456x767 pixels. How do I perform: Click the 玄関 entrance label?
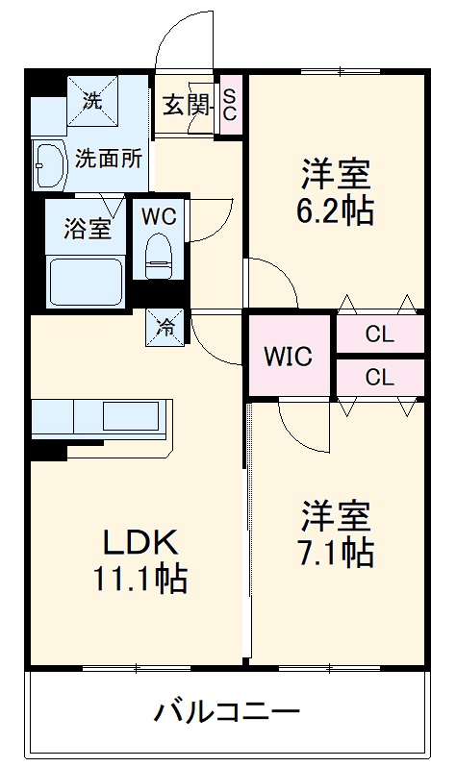(x=186, y=105)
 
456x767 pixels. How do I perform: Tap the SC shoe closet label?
(x=230, y=104)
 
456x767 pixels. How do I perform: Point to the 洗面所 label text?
(x=109, y=158)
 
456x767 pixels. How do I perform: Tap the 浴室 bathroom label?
(x=87, y=230)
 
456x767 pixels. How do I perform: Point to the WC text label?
(x=159, y=216)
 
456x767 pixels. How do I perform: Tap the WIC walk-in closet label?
(x=289, y=358)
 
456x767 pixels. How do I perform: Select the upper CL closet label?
(x=379, y=335)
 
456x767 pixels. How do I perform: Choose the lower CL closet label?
(x=379, y=377)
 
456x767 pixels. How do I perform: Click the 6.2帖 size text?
(x=336, y=210)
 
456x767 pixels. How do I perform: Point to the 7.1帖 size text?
(x=336, y=552)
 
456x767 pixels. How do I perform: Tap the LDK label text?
(x=140, y=544)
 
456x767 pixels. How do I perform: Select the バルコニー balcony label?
(x=227, y=713)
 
